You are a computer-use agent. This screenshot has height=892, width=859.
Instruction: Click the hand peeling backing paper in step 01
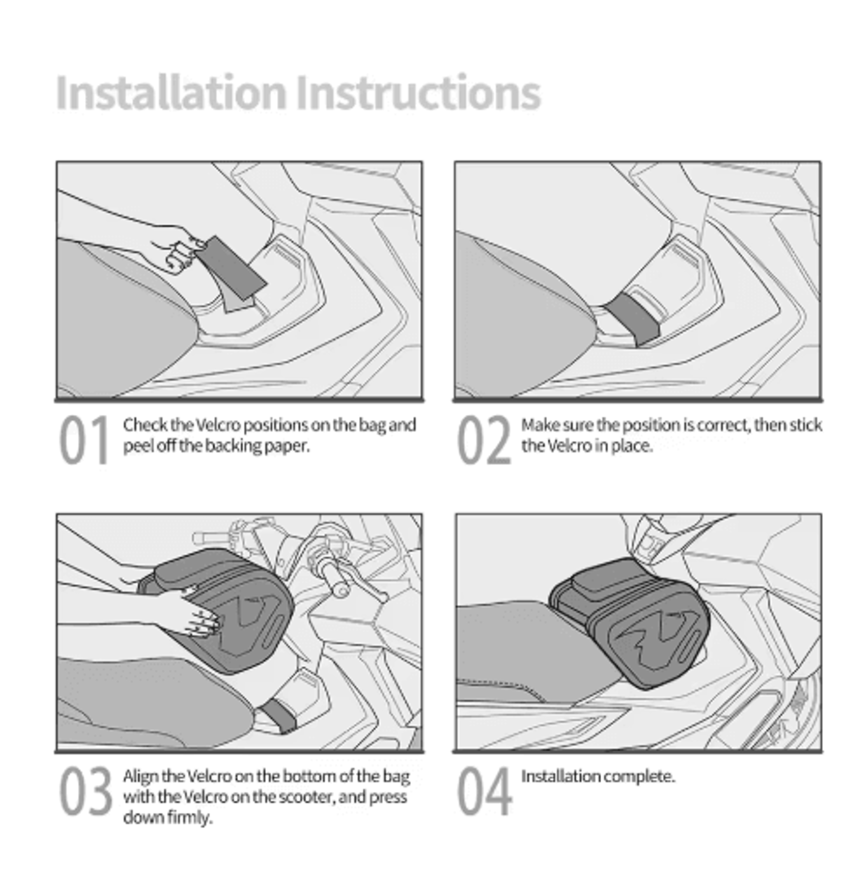175,248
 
